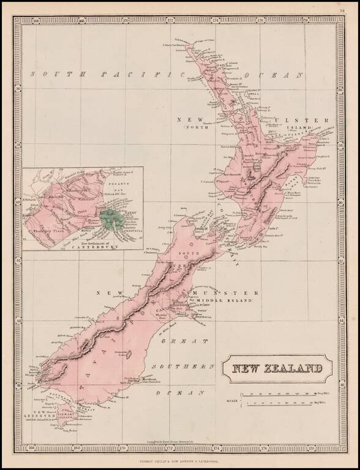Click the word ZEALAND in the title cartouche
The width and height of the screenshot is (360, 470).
[x=299, y=369]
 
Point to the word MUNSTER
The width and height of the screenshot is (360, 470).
[x=227, y=293]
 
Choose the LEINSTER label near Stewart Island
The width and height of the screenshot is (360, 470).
[x=41, y=418]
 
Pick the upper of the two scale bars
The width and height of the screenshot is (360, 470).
[x=279, y=395]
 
